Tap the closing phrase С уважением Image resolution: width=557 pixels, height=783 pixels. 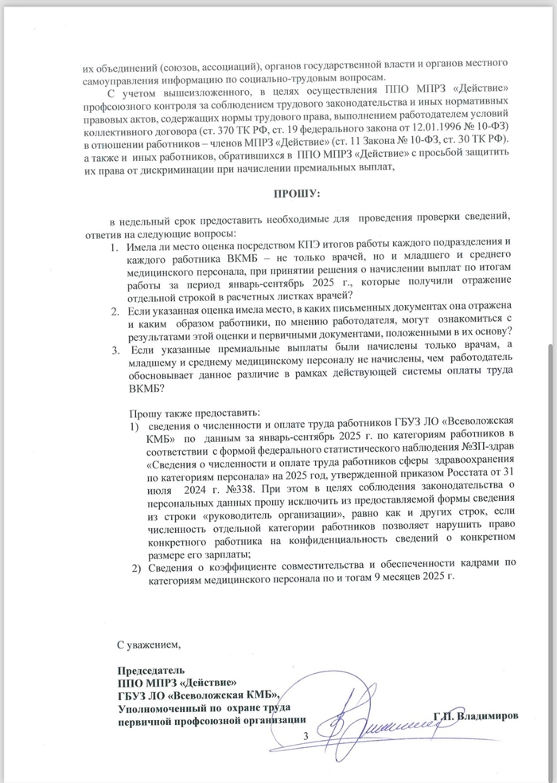pyautogui.click(x=150, y=643)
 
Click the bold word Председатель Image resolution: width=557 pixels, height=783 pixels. pyautogui.click(x=151, y=670)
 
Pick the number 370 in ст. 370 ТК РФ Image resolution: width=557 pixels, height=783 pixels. pyautogui.click(x=235, y=127)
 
